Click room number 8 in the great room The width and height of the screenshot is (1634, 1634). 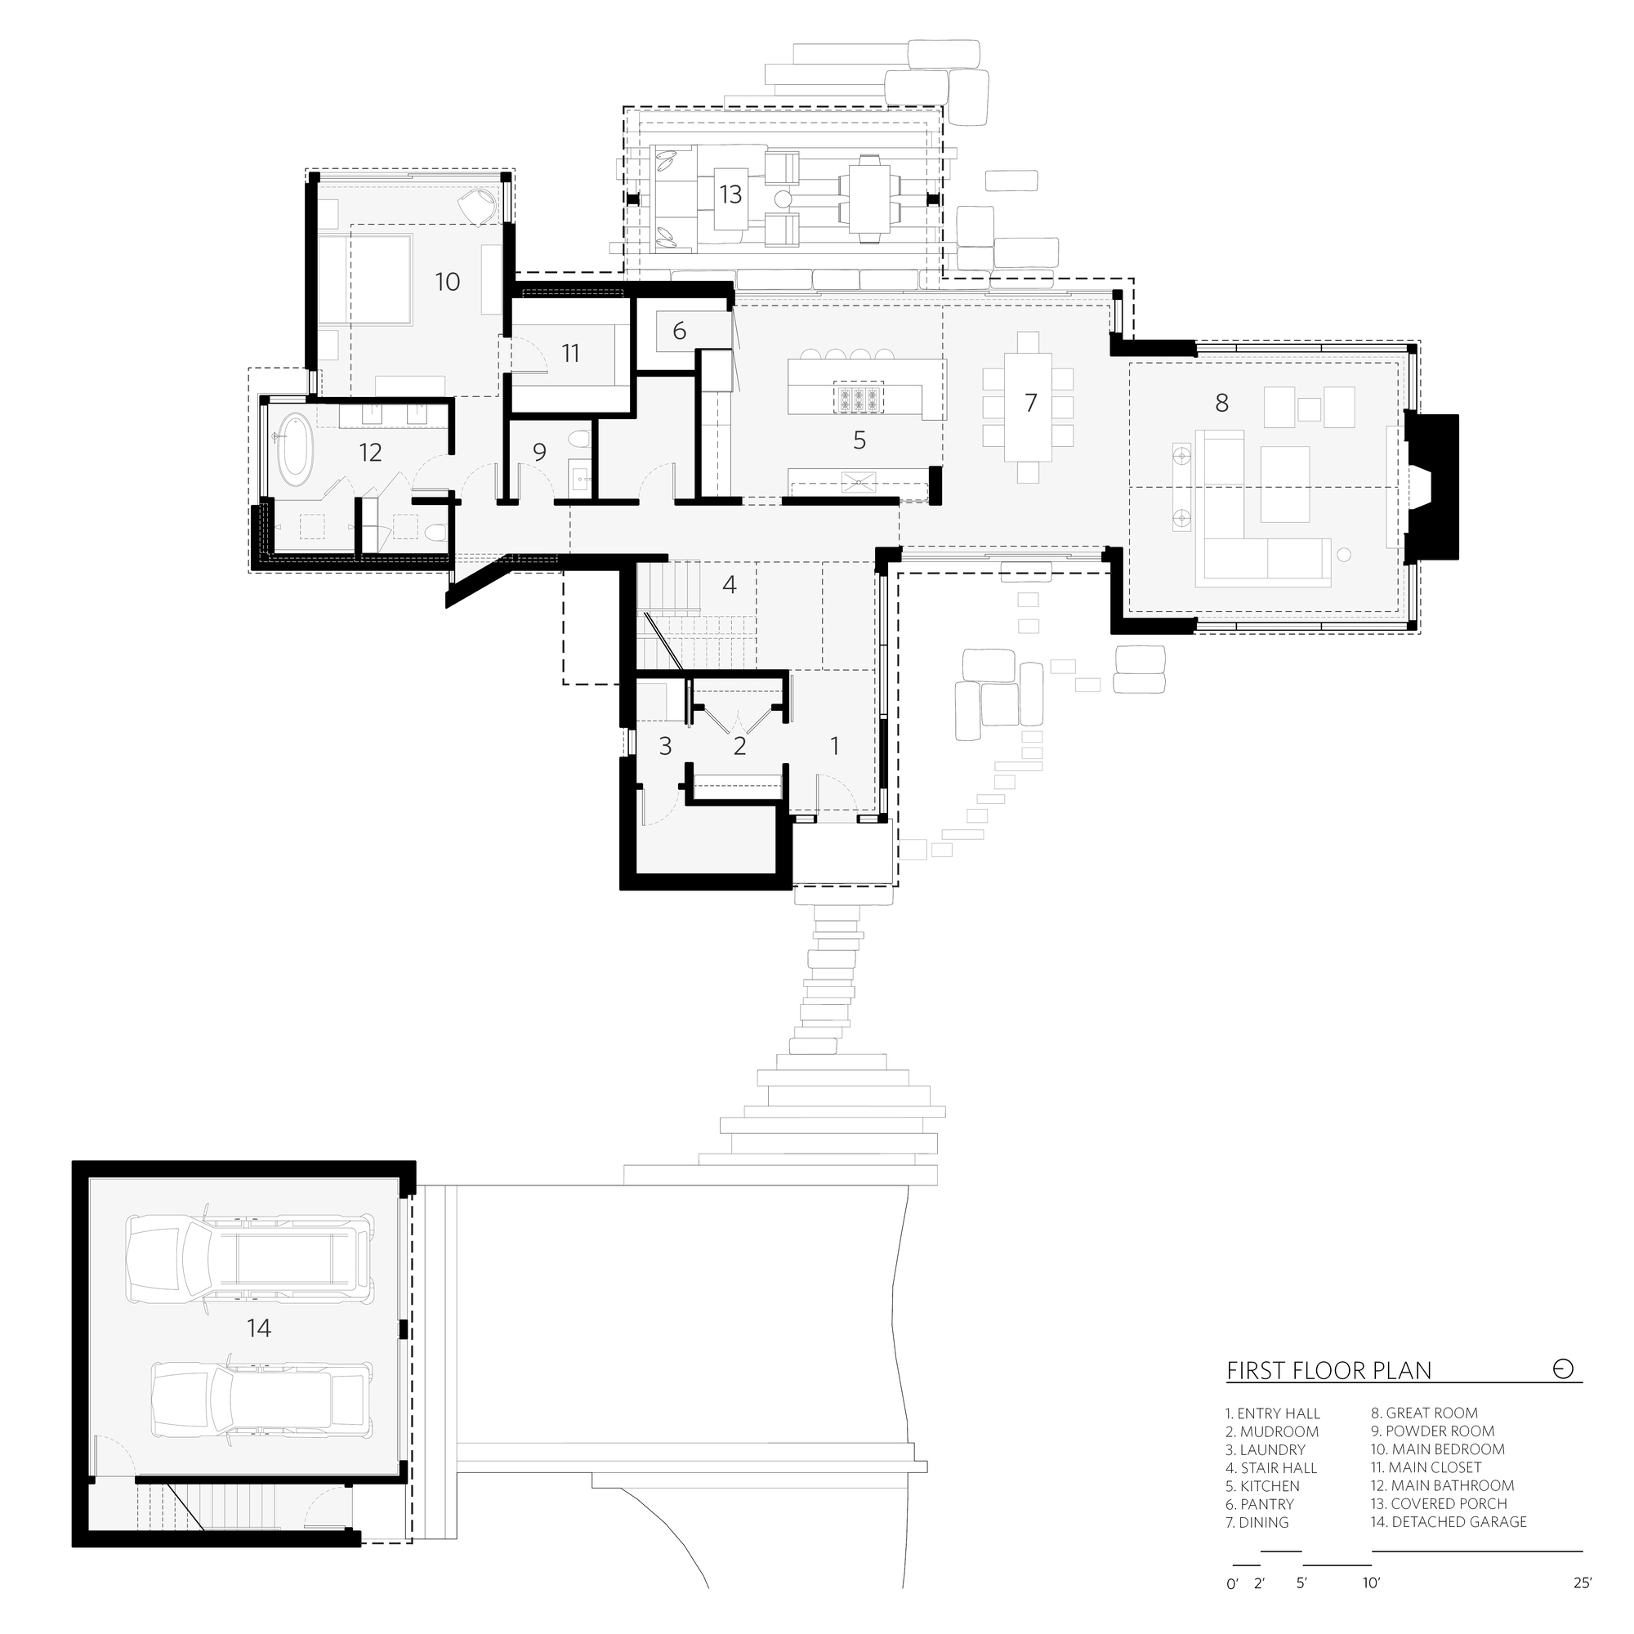pos(1221,403)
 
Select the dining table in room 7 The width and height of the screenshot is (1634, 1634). pos(1028,407)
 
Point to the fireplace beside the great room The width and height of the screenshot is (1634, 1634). pos(1431,486)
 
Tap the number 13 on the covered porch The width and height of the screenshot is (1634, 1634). pos(730,194)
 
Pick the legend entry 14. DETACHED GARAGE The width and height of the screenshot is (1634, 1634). pos(1448,1546)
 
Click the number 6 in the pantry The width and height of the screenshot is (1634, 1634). pos(679,331)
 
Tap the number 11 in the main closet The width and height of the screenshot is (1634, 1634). pos(570,354)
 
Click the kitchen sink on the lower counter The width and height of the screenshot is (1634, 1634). pos(859,484)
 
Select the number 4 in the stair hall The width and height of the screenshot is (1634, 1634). pos(729,583)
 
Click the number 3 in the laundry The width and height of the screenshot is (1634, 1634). pos(665,746)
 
